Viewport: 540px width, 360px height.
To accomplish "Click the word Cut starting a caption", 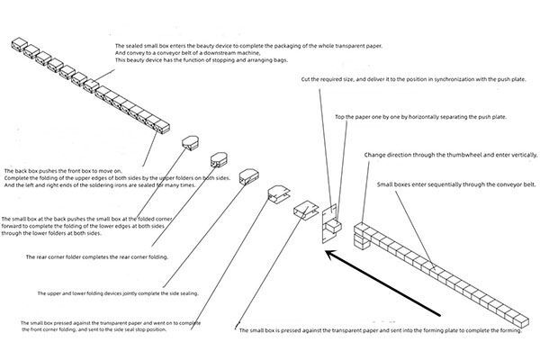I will pos(304,79).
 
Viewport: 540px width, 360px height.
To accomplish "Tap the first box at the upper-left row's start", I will pos(20,44).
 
